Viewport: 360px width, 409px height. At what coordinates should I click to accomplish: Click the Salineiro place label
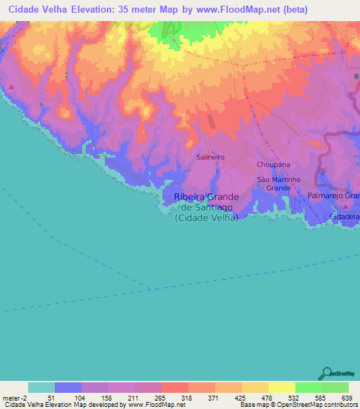(210, 157)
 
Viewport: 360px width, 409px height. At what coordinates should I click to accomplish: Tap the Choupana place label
(274, 164)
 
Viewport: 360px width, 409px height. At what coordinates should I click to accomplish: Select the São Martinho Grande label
(274, 184)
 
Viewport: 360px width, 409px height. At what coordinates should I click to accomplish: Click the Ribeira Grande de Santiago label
(206, 207)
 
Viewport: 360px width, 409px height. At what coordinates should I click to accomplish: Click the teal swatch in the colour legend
(41, 387)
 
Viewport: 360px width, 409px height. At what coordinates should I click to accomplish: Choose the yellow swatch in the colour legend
(281, 387)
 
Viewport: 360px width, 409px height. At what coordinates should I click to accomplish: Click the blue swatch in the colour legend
(68, 387)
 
